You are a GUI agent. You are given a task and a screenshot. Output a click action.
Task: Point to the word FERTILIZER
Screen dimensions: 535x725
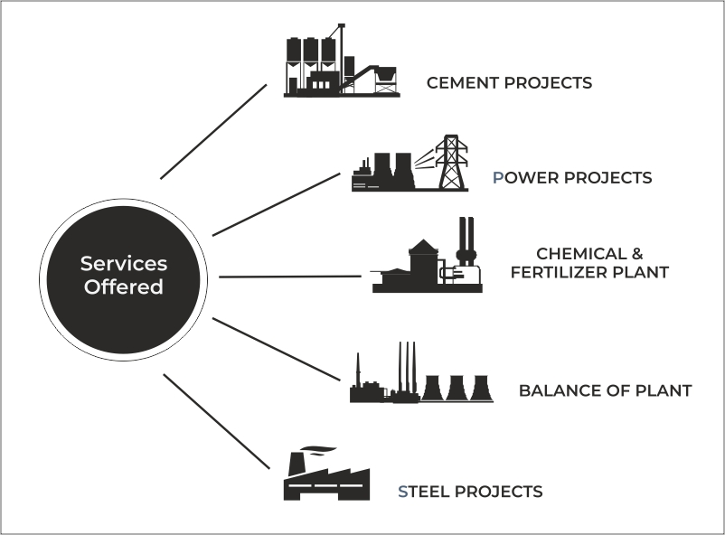[560, 272]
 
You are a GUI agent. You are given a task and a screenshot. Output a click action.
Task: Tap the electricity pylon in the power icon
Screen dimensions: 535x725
[452, 163]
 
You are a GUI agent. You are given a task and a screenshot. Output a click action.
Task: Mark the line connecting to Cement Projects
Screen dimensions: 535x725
[213, 132]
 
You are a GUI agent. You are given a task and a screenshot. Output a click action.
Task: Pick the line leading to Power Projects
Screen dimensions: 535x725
[276, 204]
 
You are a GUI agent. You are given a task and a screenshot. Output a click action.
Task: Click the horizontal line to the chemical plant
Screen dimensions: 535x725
[289, 277]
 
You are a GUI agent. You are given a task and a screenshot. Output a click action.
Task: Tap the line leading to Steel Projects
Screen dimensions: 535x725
[217, 421]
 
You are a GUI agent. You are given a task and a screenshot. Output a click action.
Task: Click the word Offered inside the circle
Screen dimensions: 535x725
[124, 288]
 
